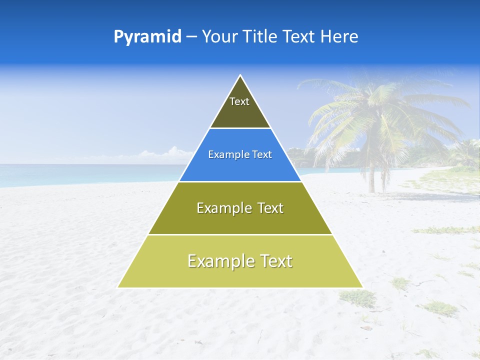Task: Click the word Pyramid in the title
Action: [147, 37]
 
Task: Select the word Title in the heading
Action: [259, 37]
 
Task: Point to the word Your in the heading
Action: [218, 37]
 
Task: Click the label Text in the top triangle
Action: [239, 101]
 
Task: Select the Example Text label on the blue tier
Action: [240, 154]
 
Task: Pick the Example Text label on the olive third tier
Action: [240, 208]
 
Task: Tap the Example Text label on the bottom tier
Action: [240, 261]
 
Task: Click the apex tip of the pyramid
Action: [240, 76]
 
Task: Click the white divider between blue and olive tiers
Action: [240, 181]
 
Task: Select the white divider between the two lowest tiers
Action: [240, 234]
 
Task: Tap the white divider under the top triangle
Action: [240, 128]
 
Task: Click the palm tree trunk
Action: [372, 175]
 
